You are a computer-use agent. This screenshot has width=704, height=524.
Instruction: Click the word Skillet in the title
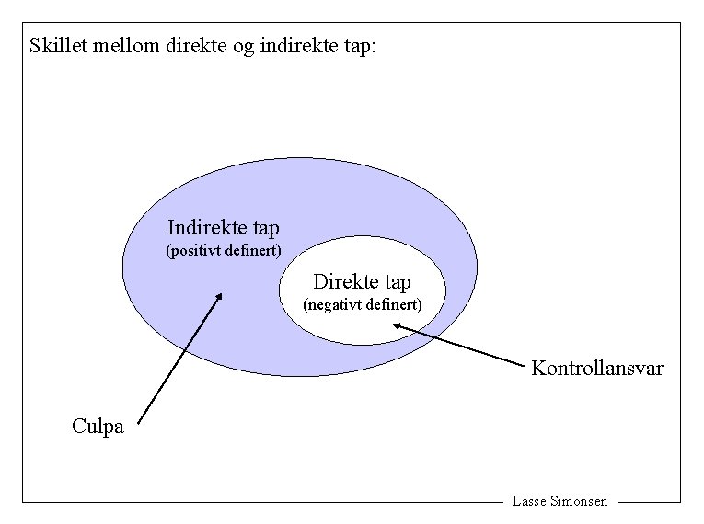pyautogui.click(x=58, y=45)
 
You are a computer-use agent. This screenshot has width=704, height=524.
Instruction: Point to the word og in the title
pyautogui.click(x=245, y=47)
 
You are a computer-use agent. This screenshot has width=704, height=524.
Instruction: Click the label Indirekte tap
pyautogui.click(x=224, y=227)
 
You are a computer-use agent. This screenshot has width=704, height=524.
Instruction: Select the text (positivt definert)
pyautogui.click(x=224, y=250)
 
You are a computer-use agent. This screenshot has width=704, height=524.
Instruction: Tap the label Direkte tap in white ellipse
pyautogui.click(x=362, y=281)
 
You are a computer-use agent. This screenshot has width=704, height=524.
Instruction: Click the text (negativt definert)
pyautogui.click(x=363, y=303)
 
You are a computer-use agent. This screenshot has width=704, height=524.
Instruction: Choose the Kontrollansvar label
pyautogui.click(x=596, y=369)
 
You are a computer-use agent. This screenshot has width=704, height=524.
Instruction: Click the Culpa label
pyautogui.click(x=98, y=426)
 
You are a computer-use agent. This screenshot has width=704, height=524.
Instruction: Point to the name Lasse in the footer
pyautogui.click(x=528, y=501)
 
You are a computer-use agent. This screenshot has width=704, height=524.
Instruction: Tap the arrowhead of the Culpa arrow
pyautogui.click(x=219, y=296)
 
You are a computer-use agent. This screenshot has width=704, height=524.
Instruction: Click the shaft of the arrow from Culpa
pyautogui.click(x=179, y=358)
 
